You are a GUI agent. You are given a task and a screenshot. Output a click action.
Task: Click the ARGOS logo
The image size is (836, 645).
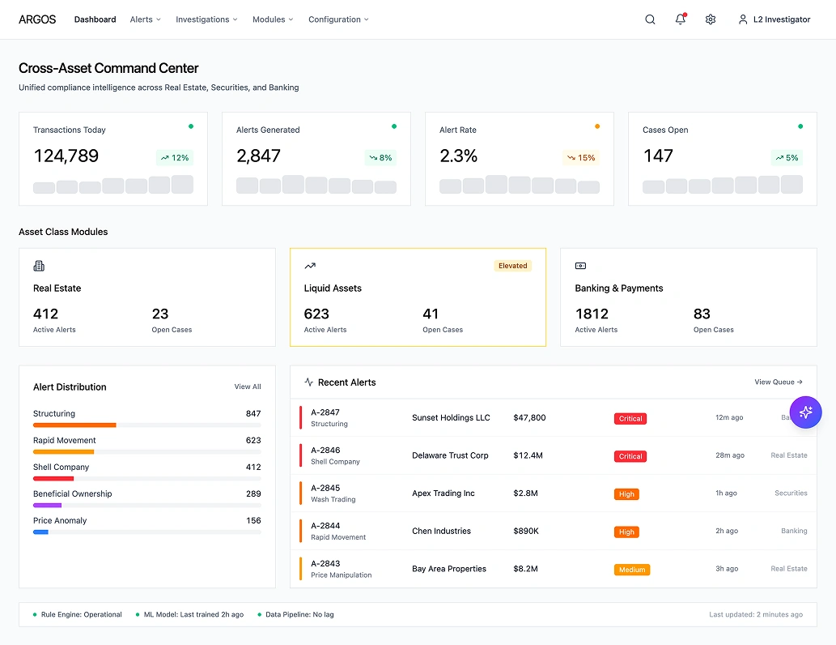tap(37, 19)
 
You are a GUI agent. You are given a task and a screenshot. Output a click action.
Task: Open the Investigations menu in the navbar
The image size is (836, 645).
tap(206, 19)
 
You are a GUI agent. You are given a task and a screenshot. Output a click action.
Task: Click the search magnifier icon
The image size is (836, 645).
tap(650, 19)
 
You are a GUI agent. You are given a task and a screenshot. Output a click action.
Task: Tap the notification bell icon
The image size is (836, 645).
tap(680, 19)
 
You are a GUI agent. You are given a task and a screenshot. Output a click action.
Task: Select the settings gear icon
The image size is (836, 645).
tap(711, 19)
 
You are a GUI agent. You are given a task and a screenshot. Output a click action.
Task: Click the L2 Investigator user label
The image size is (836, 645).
tap(781, 19)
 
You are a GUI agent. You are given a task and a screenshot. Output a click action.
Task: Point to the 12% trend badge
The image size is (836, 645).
tap(175, 158)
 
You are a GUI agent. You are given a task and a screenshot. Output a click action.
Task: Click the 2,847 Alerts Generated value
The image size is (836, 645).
tap(258, 156)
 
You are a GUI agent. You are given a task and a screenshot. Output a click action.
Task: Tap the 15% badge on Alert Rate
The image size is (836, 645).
tap(581, 158)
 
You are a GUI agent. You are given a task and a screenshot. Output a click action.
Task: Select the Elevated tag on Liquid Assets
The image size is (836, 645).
tap(512, 266)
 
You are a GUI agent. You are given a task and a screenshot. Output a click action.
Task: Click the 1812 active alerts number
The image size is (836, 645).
tap(592, 314)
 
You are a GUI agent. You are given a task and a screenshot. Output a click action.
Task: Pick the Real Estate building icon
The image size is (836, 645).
tap(39, 266)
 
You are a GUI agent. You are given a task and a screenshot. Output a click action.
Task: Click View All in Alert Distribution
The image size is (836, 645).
tap(248, 387)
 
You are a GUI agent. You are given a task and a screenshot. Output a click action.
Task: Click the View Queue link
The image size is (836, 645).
tap(778, 382)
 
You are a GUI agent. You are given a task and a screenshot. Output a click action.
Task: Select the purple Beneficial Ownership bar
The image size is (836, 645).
tap(47, 505)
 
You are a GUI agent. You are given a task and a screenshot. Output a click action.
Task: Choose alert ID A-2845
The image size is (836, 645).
tap(325, 488)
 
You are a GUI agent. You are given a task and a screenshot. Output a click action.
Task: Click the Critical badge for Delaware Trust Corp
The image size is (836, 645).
tap(630, 456)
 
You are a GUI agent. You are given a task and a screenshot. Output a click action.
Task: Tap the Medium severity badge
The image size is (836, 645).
tap(632, 570)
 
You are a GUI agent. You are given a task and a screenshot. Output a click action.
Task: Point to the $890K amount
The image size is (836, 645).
tap(526, 532)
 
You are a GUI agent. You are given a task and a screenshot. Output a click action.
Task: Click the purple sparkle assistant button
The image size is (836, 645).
tap(805, 412)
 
